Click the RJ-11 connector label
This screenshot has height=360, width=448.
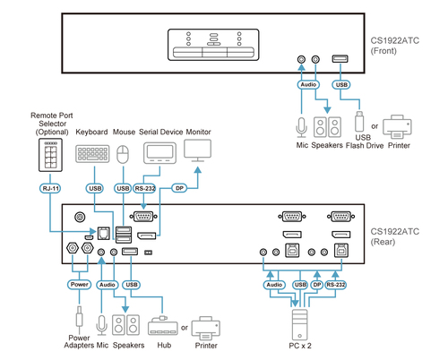[x=50, y=188]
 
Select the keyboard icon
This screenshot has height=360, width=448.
[x=92, y=154]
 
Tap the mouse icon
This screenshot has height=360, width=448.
[x=123, y=154]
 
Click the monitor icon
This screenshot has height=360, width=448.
[x=197, y=150]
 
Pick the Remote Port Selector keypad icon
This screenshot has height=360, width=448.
[x=50, y=155]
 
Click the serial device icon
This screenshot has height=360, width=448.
[x=159, y=153]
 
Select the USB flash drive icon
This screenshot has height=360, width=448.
[x=359, y=121]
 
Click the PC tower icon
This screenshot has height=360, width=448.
[x=299, y=325]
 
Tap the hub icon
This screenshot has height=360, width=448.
[x=162, y=326]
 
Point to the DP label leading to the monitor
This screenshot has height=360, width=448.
[x=179, y=188]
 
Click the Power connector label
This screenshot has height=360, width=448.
[x=79, y=285]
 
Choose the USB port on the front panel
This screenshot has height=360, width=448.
[x=340, y=58]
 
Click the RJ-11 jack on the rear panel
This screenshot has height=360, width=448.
[x=103, y=233]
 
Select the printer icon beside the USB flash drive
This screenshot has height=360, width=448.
[x=397, y=127]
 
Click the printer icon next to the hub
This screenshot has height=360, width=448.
[x=206, y=329]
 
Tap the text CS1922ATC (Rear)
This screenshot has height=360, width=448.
[x=394, y=236]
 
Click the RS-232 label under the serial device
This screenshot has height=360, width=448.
[x=145, y=188]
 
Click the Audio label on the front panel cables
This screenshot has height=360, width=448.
[x=308, y=85]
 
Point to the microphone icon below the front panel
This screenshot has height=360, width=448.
[x=301, y=127]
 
